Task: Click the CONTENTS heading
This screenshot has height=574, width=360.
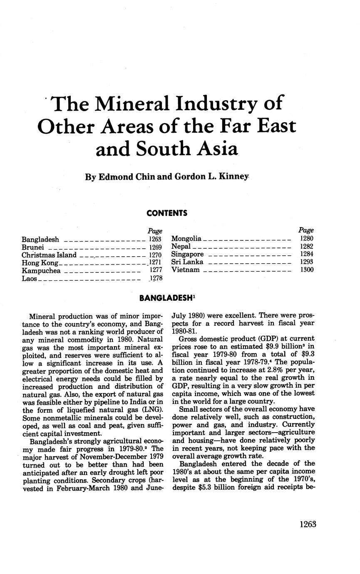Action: (x=167, y=213)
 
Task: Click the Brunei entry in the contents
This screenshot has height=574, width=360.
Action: (x=33, y=247)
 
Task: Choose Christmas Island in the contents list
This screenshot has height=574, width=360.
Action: (x=49, y=255)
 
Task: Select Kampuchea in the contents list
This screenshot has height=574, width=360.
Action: (x=41, y=271)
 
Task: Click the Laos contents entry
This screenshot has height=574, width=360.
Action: (x=29, y=278)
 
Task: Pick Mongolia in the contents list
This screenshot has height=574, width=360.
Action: (x=186, y=239)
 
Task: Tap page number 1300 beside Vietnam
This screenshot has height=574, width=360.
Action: (x=307, y=270)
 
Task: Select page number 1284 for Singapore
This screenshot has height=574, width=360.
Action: (x=307, y=254)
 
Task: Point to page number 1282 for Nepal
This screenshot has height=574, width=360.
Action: (x=307, y=247)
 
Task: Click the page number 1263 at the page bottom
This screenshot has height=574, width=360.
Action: (x=308, y=524)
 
